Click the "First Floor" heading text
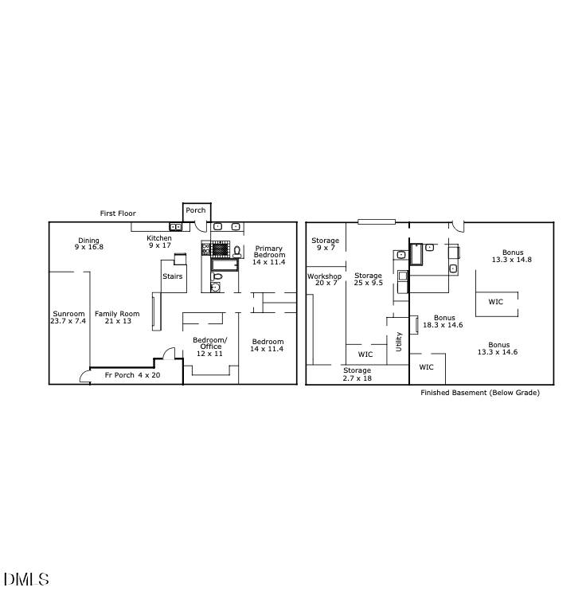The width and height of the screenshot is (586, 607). tap(118, 213)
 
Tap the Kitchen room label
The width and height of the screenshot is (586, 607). tap(159, 241)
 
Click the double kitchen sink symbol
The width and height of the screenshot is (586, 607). tap(176, 227)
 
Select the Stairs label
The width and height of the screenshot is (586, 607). tap(173, 276)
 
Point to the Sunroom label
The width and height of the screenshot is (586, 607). tap(68, 317)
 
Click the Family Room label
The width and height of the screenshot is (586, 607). tap(117, 317)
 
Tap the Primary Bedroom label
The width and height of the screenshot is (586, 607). tap(268, 255)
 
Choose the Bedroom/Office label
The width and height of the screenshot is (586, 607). tap(210, 347)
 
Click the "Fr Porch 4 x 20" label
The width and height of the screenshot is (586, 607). tap(133, 374)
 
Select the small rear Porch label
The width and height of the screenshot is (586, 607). tap(196, 210)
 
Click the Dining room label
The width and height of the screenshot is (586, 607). tap(89, 244)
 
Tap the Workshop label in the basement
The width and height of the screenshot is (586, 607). tap(325, 280)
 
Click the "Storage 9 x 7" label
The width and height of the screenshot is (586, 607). tap(325, 244)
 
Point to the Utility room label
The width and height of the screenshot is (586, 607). tap(399, 342)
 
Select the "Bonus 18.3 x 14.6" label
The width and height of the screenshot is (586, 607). tap(444, 321)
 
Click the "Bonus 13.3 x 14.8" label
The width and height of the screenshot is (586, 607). tap(512, 256)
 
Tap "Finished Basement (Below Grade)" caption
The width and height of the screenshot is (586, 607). tap(479, 393)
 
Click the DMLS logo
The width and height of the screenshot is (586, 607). tap(26, 579)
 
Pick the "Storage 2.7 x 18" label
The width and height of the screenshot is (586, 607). tap(357, 374)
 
